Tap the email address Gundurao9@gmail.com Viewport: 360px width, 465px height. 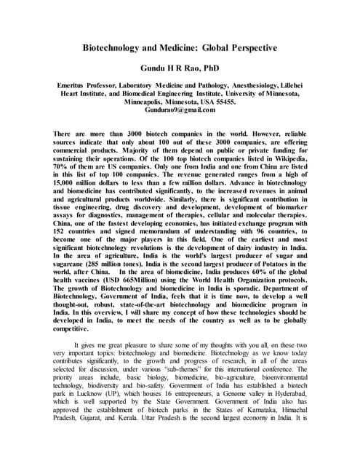[x=180, y=110]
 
